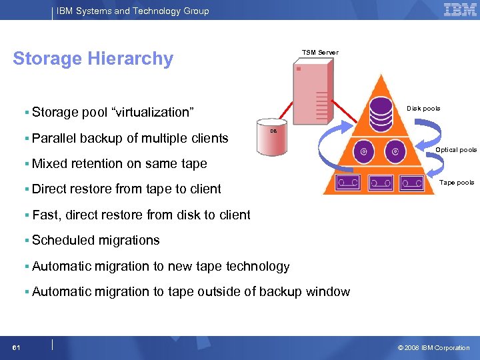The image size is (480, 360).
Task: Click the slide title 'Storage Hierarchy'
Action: (93, 59)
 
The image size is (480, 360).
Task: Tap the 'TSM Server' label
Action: (320, 53)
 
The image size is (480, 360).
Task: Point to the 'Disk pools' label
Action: (423, 109)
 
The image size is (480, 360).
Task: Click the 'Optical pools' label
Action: (456, 150)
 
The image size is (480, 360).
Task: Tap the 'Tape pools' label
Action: (457, 183)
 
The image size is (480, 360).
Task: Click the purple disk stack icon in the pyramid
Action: (381, 113)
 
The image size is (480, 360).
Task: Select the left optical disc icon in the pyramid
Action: (364, 151)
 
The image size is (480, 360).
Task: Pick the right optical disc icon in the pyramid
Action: (396, 151)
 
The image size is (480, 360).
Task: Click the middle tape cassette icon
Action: (381, 181)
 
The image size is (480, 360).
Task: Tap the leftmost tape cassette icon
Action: (349, 181)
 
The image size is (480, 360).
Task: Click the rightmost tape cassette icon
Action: (413, 181)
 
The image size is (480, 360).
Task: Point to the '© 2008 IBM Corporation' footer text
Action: (433, 347)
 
